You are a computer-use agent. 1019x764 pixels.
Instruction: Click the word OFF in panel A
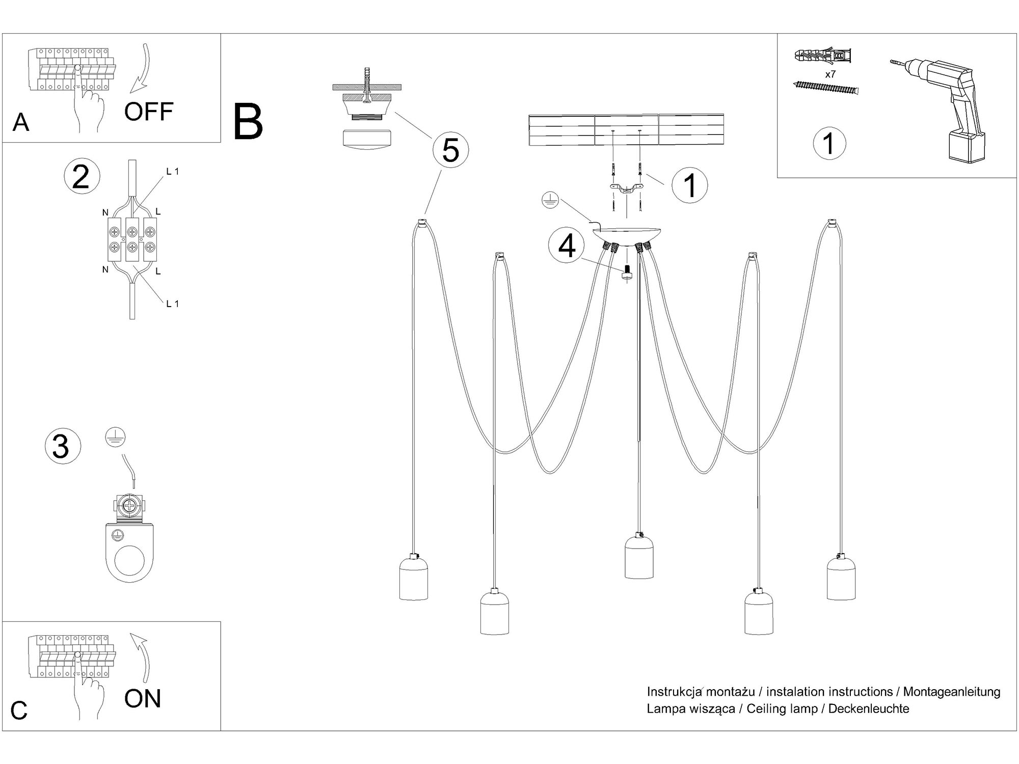pos(148,112)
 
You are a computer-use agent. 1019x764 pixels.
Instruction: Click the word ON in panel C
pos(142,698)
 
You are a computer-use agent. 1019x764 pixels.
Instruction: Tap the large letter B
pos(248,122)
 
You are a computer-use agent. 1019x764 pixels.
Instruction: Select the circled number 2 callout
pos(82,177)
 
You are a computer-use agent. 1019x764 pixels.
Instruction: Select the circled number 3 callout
pos(63,446)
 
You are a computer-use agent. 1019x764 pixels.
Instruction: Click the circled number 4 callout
pos(567,247)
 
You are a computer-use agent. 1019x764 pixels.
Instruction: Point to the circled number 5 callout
pos(450,150)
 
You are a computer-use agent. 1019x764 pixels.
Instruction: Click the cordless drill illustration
pos(948,107)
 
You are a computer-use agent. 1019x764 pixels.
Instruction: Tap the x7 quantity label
pos(830,74)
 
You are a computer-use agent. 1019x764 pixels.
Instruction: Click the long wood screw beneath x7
pos(825,88)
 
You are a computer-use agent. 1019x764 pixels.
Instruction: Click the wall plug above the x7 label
pos(823,56)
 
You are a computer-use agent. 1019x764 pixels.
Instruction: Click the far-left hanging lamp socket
pos(413,578)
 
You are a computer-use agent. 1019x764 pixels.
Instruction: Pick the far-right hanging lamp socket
pos(841,578)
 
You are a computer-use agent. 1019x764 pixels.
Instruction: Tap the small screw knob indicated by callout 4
pos(626,272)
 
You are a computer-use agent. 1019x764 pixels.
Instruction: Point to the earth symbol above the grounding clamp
pos(115,437)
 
